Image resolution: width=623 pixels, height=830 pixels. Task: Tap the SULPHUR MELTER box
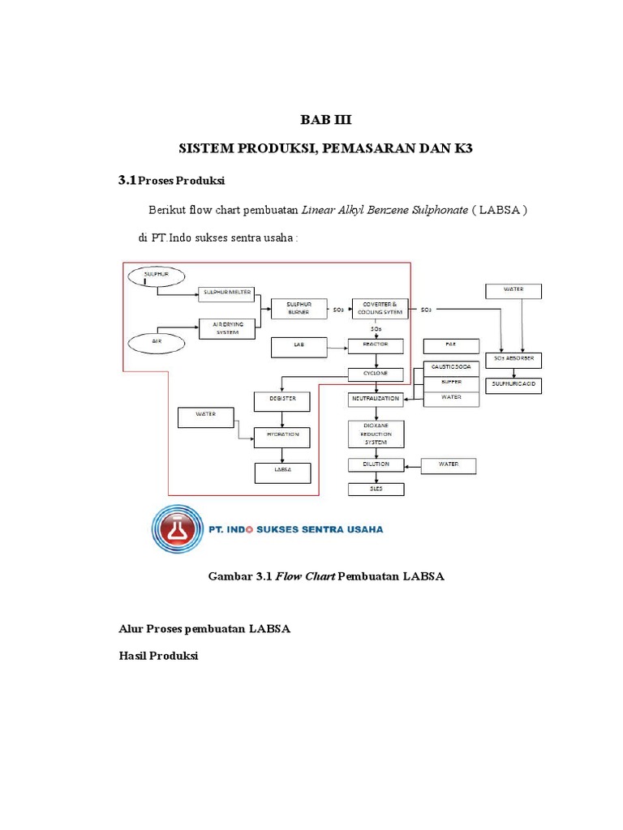(226, 293)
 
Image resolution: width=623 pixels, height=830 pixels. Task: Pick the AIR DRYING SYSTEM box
(226, 327)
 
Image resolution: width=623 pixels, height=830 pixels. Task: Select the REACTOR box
(376, 344)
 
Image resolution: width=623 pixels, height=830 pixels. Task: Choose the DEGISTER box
(282, 400)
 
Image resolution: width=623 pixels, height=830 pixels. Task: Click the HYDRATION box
(282, 435)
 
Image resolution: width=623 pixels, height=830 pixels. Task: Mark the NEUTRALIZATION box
(376, 400)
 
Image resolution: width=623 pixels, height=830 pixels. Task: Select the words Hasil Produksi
(159, 656)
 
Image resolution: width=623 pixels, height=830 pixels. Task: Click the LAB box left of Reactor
(298, 346)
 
